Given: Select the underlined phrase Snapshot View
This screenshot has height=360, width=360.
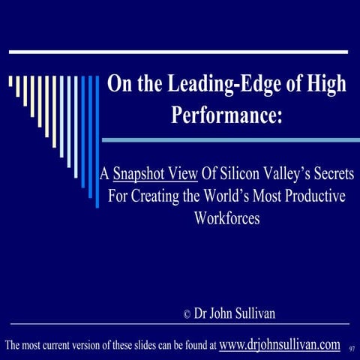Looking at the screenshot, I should tap(155, 175).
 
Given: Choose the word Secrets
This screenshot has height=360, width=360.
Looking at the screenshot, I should tap(332, 175).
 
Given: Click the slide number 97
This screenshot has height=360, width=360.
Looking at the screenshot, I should tap(352, 348).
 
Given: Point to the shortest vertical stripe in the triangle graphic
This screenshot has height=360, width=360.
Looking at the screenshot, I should tap(10, 82).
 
